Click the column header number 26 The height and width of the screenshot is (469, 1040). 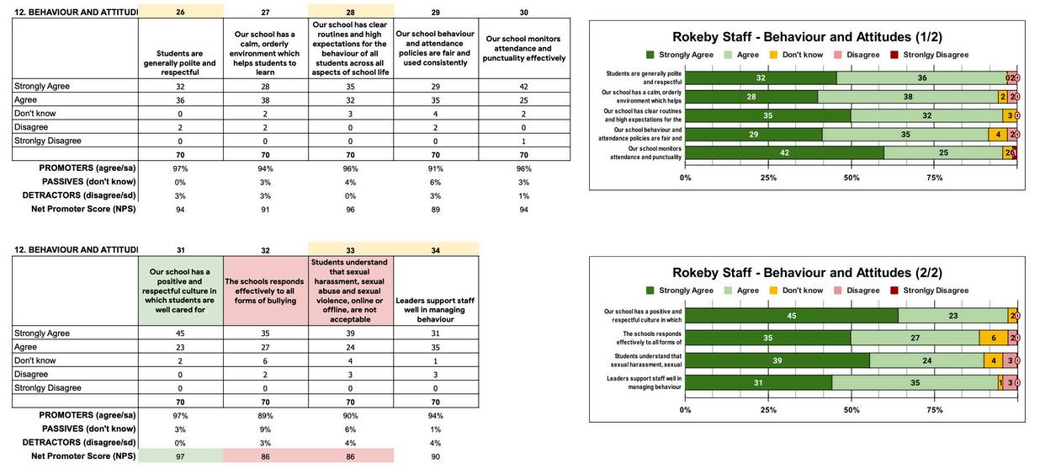[180, 12]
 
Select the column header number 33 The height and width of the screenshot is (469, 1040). [350, 249]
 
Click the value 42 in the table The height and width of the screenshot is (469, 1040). [523, 86]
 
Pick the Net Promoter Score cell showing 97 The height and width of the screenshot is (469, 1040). [180, 456]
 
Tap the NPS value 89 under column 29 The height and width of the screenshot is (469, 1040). [435, 209]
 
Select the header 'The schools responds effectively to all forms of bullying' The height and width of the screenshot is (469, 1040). [265, 290]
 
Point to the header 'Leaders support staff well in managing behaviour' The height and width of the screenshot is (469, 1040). [435, 309]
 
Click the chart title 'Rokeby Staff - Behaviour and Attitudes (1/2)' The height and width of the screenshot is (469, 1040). [807, 37]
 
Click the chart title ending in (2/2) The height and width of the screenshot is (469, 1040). [807, 273]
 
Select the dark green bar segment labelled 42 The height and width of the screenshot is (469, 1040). [784, 152]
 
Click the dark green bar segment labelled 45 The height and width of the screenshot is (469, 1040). [791, 316]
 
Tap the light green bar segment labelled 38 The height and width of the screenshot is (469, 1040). [907, 97]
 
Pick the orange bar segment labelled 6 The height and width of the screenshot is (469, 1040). [993, 338]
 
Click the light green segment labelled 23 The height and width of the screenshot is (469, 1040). [952, 316]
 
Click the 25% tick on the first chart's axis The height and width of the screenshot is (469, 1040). [768, 178]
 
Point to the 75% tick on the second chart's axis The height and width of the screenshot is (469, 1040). [934, 410]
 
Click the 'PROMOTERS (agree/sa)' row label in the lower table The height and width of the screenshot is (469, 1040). [87, 415]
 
